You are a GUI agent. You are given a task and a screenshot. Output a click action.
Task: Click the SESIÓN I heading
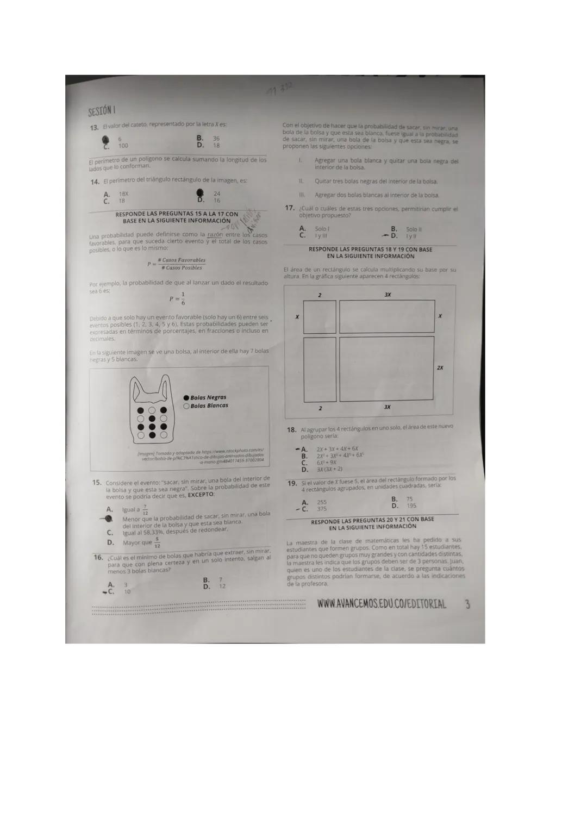[x=102, y=111]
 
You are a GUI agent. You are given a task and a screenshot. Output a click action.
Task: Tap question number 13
[x=94, y=128]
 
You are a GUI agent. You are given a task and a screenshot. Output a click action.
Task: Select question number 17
[x=290, y=208]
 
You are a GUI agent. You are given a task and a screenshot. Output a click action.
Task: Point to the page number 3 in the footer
[x=467, y=604]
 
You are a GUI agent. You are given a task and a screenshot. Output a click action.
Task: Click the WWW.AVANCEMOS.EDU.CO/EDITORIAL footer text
[x=382, y=604]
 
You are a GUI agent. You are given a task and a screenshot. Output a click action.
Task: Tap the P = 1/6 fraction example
[x=177, y=298]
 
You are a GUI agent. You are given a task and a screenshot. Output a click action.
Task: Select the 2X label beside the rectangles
[x=440, y=368]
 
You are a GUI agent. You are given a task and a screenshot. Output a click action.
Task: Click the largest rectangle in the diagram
[x=386, y=368]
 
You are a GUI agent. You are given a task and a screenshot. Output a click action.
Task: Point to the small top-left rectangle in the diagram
[x=320, y=316]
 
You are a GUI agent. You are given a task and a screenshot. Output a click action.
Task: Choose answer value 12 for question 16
[x=222, y=586]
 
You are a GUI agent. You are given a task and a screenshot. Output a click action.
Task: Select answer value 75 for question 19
[x=409, y=499]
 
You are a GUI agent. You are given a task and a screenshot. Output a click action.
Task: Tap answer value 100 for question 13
[x=123, y=146]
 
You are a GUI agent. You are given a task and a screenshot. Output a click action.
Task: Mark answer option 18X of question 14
[x=123, y=194]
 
